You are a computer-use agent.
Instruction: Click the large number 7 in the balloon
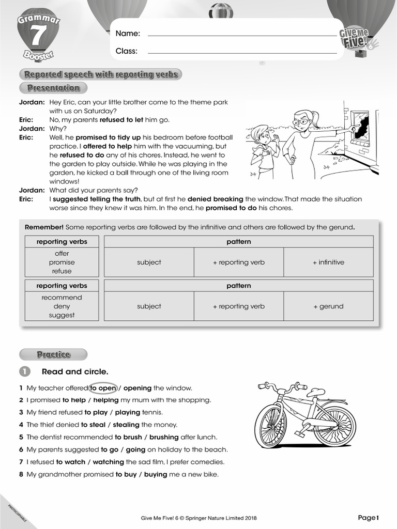point(37,36)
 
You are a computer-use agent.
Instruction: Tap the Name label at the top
point(127,34)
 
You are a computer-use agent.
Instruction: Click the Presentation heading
point(53,88)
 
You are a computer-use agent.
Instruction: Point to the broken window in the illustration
point(360,128)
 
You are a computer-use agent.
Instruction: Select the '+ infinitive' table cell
point(328,262)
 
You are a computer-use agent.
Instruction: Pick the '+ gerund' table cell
point(328,306)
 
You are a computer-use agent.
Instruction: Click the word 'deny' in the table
point(62,306)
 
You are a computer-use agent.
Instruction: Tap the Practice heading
point(53,354)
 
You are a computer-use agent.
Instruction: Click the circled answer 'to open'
point(103,388)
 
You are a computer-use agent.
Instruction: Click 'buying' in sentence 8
point(157,474)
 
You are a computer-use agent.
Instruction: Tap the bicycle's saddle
point(315,392)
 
